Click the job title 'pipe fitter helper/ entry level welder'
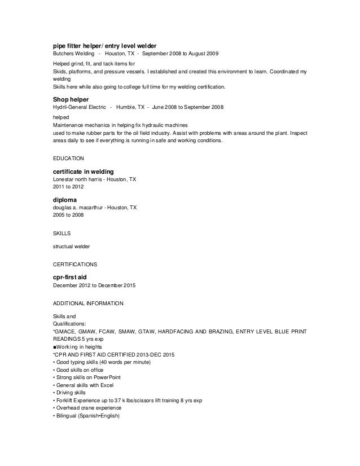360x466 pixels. point(104,45)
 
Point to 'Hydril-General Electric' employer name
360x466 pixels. point(78,106)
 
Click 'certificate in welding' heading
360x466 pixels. point(84,171)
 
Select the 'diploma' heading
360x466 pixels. point(65,199)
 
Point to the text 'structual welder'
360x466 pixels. point(72,246)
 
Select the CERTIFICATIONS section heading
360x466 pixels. point(74,263)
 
